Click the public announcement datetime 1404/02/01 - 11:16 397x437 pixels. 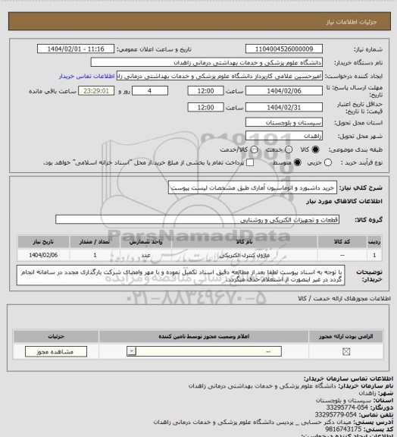click(76, 49)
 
